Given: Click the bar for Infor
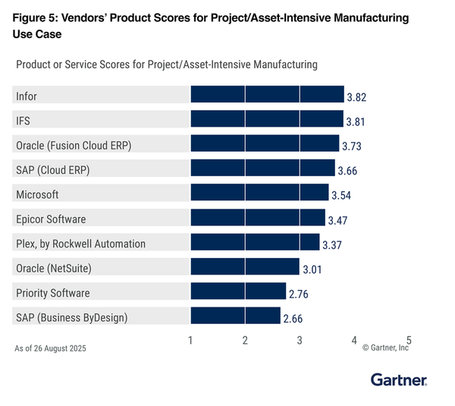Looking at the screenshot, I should pos(267,95).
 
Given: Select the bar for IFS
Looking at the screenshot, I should pos(266,119).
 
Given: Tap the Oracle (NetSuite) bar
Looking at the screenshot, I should pos(245,267).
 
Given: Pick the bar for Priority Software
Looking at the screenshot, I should pos(238,291).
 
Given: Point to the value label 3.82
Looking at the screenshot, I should pos(357,98).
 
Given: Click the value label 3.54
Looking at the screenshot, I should pos(342,196).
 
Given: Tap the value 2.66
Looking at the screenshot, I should pos(293,319).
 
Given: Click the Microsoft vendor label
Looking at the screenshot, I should pos(37,194).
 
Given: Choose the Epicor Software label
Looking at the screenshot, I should pos(51,219).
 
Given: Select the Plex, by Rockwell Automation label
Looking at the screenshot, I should pos(80,243).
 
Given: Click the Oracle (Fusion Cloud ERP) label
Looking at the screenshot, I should pos(74,145).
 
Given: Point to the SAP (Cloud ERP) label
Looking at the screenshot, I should pos(53,169).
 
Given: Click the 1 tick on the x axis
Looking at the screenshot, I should pos(190,341).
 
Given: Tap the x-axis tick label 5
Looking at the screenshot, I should pos(409,341).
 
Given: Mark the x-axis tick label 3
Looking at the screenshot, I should pos(300,341).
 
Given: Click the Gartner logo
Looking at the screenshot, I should pos(399,379).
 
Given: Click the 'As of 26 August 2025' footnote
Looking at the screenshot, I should pos(50,349).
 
